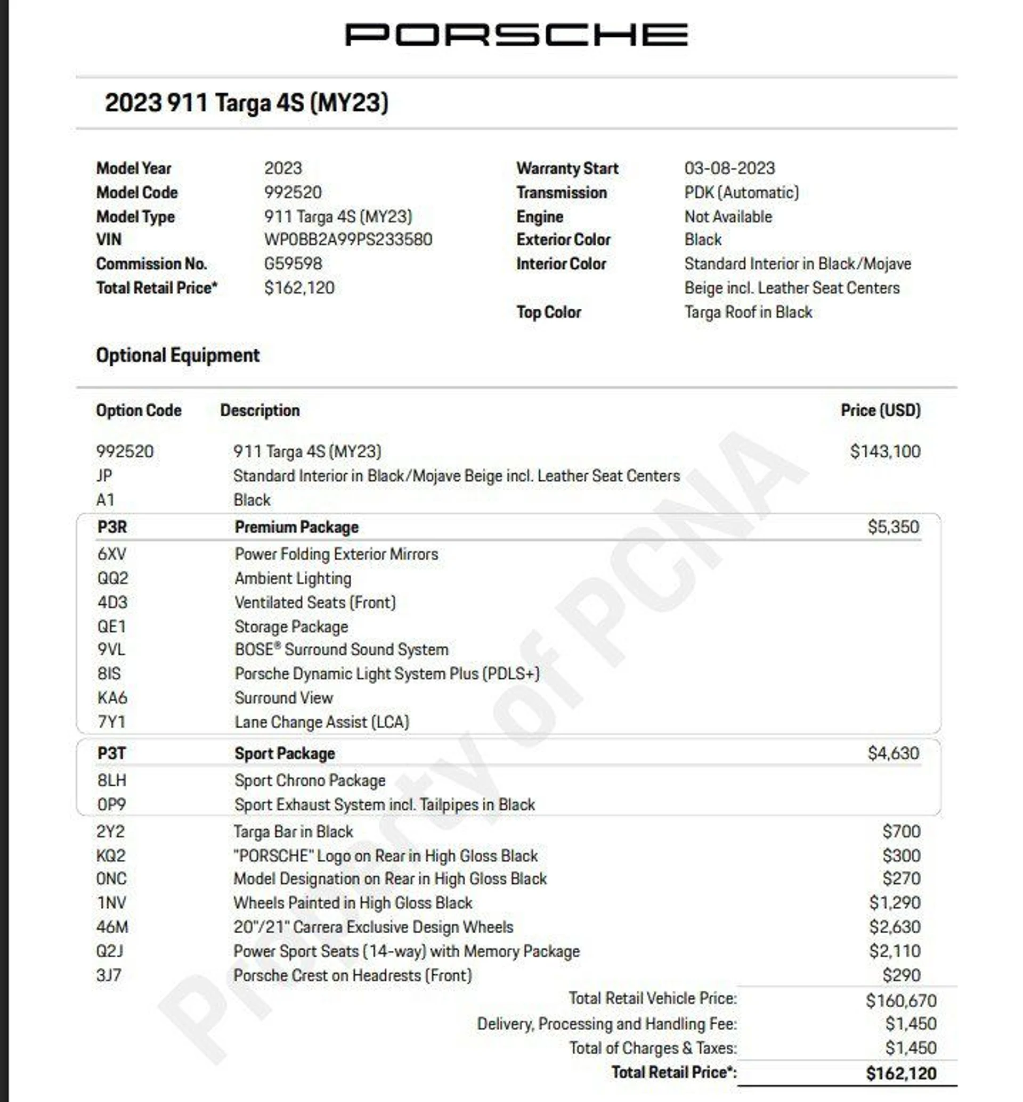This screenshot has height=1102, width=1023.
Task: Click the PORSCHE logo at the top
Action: (x=516, y=35)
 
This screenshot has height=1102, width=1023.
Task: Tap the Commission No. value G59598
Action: (x=293, y=264)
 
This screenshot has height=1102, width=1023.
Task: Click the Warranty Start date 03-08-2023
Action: (x=729, y=168)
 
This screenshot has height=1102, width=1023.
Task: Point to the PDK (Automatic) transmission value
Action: (x=741, y=193)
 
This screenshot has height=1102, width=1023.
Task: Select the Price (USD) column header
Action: (x=880, y=410)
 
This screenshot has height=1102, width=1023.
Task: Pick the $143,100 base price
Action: (x=885, y=451)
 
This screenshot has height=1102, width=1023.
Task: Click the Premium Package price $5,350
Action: (x=893, y=527)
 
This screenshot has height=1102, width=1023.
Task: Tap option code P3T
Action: (x=111, y=753)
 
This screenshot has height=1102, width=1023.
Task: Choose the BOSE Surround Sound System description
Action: (x=341, y=649)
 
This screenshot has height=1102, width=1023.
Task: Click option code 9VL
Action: (x=111, y=649)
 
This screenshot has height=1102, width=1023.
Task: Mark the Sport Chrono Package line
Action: (x=310, y=780)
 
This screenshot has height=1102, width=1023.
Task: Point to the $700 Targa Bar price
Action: (x=901, y=832)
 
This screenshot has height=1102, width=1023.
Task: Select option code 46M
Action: (x=112, y=927)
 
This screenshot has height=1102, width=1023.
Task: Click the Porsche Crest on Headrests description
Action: (x=352, y=975)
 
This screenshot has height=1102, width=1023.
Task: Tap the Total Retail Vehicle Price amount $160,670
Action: (x=900, y=1000)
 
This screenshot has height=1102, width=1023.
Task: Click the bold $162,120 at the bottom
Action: (x=900, y=1073)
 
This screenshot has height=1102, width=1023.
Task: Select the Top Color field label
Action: (x=548, y=312)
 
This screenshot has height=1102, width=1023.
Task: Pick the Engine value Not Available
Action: (x=728, y=217)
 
